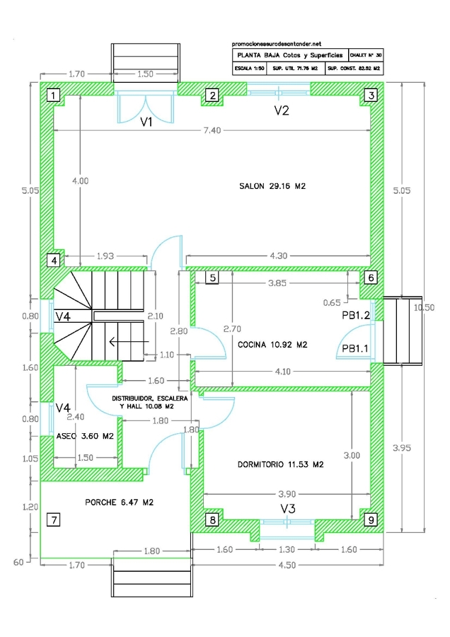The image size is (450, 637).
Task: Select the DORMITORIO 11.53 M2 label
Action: [280, 465]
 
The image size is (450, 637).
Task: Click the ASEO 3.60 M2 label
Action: [85, 437]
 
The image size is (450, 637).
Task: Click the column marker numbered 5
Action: [212, 277]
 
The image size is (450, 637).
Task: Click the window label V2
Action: [282, 110]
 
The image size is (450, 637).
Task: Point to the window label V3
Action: [287, 510]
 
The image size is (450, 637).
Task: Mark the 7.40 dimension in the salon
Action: [212, 130]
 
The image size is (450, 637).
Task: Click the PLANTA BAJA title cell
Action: [287, 54]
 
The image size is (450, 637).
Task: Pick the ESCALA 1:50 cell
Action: [249, 69]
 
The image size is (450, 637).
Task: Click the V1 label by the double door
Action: [146, 122]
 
